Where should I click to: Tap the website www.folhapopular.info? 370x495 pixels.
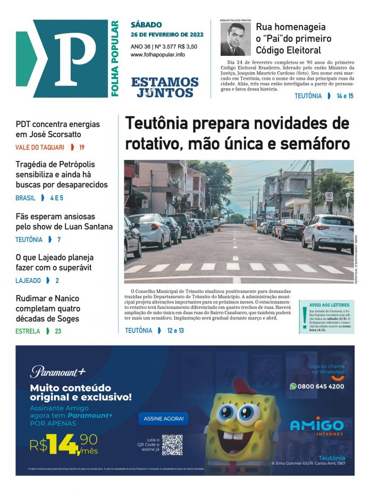157,55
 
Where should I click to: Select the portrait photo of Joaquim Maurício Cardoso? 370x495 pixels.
236,39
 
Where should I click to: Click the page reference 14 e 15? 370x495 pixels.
344,96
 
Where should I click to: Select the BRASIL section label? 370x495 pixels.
26,198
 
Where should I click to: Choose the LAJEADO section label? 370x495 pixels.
28,280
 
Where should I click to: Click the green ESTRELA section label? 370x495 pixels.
28,331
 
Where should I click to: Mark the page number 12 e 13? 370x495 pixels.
175,331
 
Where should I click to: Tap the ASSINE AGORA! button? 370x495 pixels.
163,419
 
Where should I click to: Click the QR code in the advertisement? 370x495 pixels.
172,445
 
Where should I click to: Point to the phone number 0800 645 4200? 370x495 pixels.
320,387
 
